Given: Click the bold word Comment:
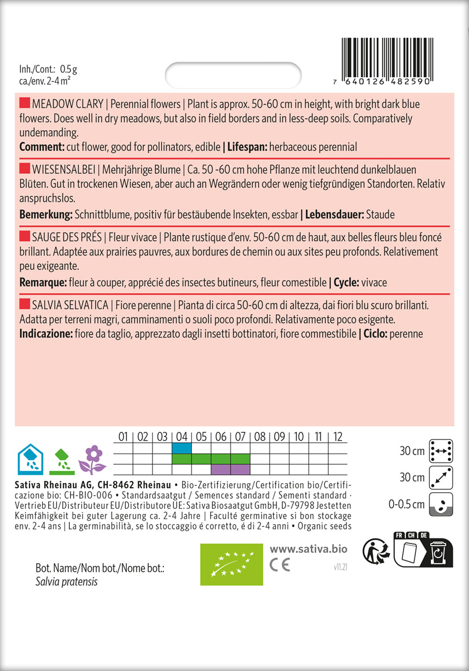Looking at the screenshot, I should (40, 147).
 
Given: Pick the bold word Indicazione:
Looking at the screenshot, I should (46, 334).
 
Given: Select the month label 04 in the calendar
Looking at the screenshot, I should (182, 436).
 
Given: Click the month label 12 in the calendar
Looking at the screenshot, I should (337, 436).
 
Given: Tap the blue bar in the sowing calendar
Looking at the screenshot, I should (182, 448).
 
